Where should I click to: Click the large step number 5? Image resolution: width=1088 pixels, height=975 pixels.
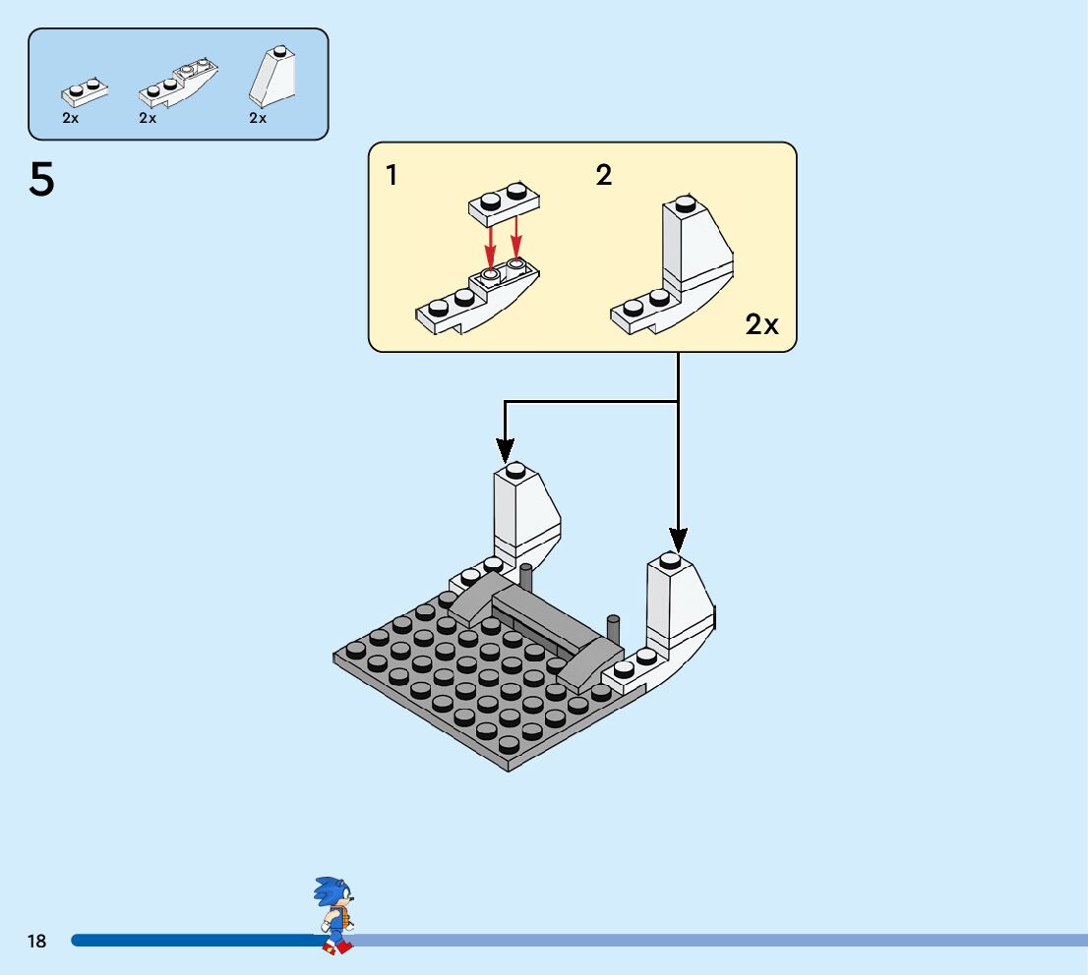point(42,180)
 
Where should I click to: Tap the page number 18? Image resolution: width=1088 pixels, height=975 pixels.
point(36,942)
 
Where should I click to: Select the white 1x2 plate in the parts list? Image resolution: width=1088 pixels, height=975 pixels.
point(85,91)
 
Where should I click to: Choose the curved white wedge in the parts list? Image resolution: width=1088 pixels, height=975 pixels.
point(178,85)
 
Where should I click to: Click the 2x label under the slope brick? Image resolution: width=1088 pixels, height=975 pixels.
point(258,118)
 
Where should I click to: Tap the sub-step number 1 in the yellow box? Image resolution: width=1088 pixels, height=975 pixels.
point(393,176)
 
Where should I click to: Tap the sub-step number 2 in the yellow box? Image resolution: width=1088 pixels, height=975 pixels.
point(603,176)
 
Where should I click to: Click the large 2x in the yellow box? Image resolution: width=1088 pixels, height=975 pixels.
point(761,324)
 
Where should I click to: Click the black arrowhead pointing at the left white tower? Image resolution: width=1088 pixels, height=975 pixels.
point(505,449)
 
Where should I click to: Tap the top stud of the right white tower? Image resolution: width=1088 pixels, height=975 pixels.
point(670,560)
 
